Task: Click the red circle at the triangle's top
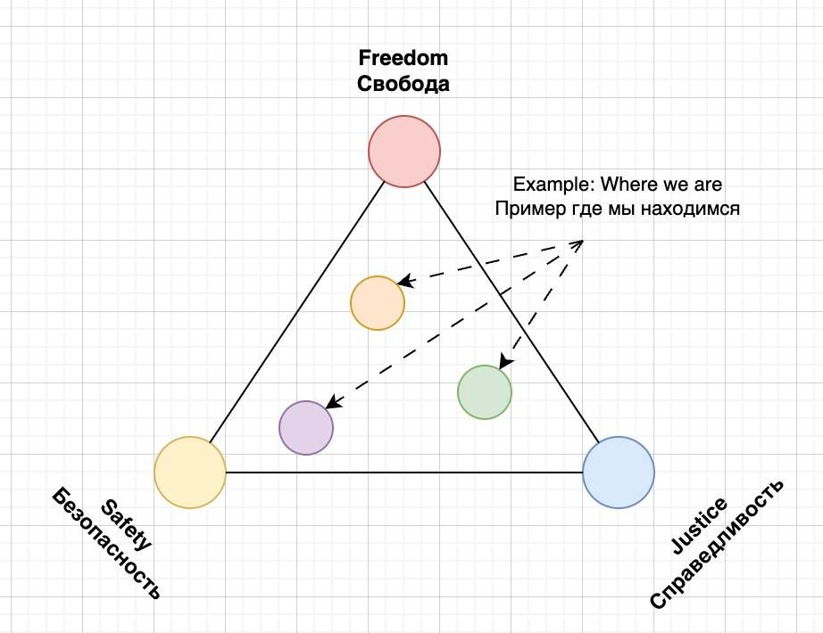pos(404,151)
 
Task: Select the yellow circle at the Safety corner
pos(190,472)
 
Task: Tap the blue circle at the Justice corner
pos(619,472)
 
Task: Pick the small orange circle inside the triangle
pos(378,303)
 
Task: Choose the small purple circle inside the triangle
pos(306,428)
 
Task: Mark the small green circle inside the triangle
pos(485,391)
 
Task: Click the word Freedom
pos(403,60)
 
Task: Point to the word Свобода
pos(403,86)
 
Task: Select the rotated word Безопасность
pos(106,543)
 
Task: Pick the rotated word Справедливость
pos(716,545)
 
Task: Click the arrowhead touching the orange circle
pos(403,282)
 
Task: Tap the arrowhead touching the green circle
pos(505,362)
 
